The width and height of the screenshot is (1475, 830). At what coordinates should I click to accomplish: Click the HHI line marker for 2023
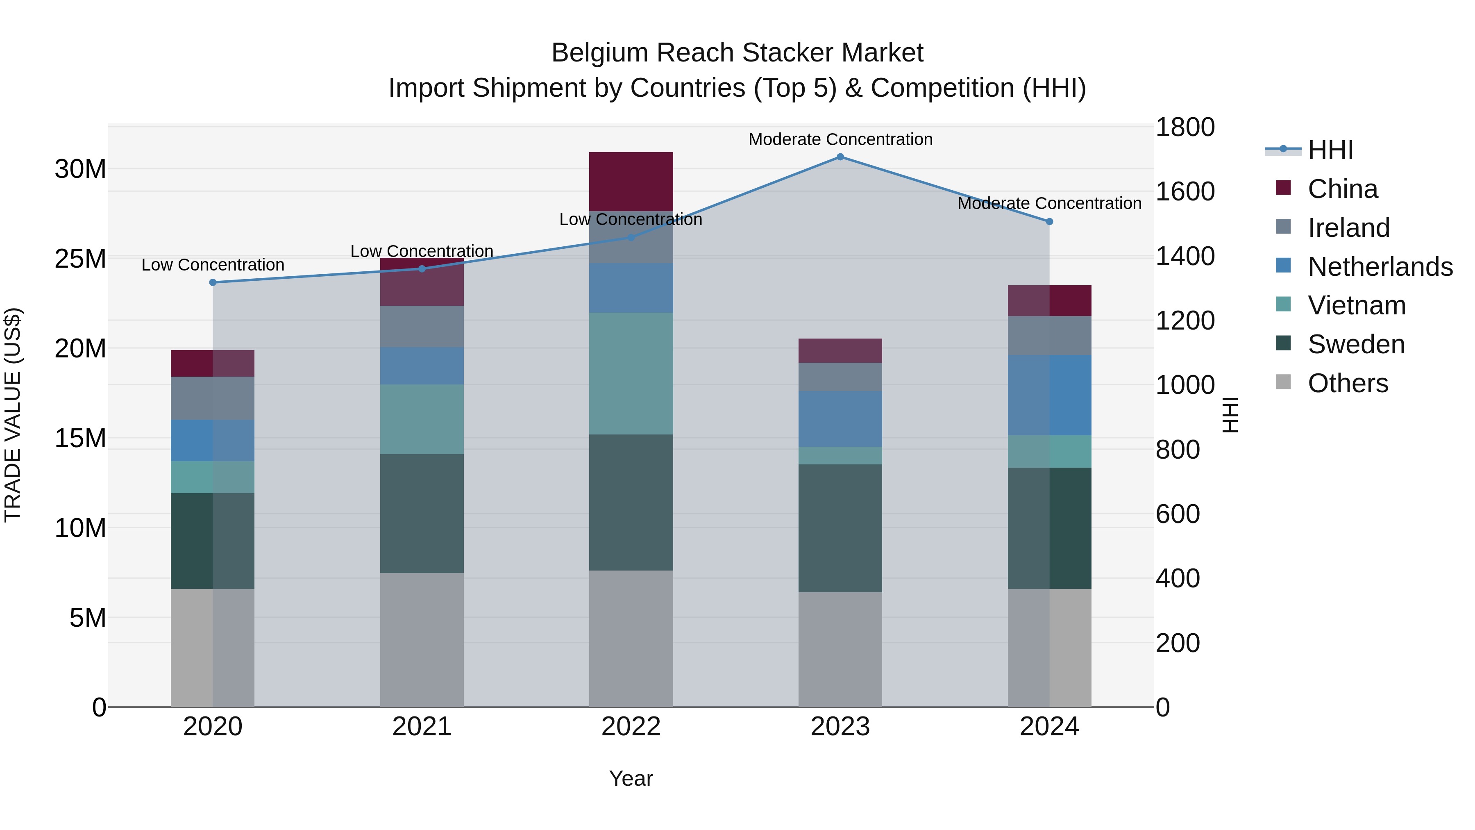click(x=840, y=157)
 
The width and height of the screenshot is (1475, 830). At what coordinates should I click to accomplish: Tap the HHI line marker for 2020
click(x=213, y=282)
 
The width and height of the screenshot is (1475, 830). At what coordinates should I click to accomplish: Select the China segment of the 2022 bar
click(x=631, y=181)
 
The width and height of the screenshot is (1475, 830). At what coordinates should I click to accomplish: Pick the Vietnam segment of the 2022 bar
click(x=631, y=373)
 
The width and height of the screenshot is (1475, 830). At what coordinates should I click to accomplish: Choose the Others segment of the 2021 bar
click(x=422, y=639)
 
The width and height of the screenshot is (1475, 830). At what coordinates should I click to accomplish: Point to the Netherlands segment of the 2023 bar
click(x=840, y=419)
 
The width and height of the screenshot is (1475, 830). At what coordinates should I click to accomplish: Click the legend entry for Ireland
click(x=1348, y=228)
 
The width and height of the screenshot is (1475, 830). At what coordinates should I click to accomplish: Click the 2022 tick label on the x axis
click(x=631, y=727)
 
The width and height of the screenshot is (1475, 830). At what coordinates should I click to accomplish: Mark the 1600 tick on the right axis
click(x=1185, y=191)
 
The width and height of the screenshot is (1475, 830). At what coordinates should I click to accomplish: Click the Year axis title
click(x=631, y=778)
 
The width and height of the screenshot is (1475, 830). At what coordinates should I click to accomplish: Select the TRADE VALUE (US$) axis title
click(x=13, y=415)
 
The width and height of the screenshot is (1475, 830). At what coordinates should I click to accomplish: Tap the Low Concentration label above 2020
click(x=213, y=265)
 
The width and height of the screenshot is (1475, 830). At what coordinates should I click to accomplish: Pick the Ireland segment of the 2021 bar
click(x=422, y=327)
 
